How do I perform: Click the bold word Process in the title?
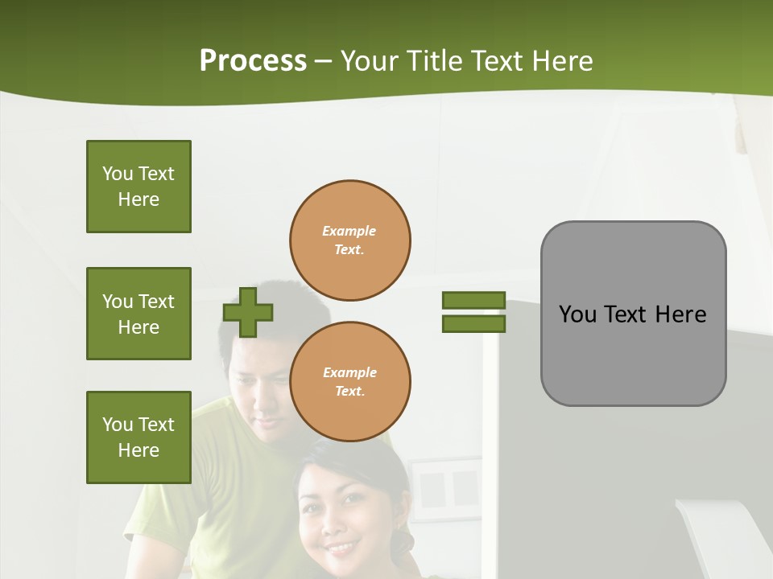[253, 61]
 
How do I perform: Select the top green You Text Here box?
[138, 187]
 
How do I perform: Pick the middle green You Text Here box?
[138, 314]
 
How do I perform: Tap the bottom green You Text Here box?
[138, 437]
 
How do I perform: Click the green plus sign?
[248, 312]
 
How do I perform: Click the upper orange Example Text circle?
[350, 240]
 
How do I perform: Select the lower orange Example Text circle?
[350, 382]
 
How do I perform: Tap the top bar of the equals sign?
[473, 301]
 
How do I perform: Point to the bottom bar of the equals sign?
[473, 324]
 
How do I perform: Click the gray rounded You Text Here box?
[633, 314]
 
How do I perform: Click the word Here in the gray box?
[680, 314]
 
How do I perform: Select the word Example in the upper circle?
[349, 232]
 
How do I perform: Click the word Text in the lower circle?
[349, 392]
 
